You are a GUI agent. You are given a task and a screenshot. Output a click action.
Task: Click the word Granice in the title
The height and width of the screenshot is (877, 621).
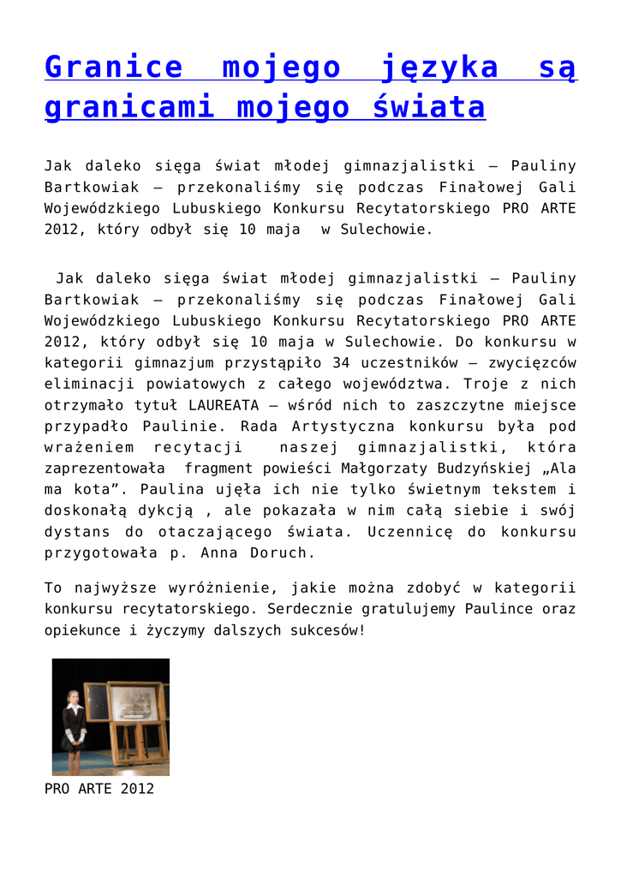click(113, 67)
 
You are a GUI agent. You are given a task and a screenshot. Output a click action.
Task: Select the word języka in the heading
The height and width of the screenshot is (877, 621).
click(437, 67)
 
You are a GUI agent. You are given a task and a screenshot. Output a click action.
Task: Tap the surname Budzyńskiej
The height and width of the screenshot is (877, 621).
click(484, 468)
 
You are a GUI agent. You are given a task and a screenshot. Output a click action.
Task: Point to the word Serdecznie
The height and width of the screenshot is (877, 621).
click(309, 609)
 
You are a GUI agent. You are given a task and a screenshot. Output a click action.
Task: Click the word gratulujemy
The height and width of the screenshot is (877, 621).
click(409, 609)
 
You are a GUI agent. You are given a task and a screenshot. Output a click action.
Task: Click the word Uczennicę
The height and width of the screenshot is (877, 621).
click(406, 532)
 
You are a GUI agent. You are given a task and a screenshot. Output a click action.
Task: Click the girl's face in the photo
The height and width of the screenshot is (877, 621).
click(74, 698)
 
